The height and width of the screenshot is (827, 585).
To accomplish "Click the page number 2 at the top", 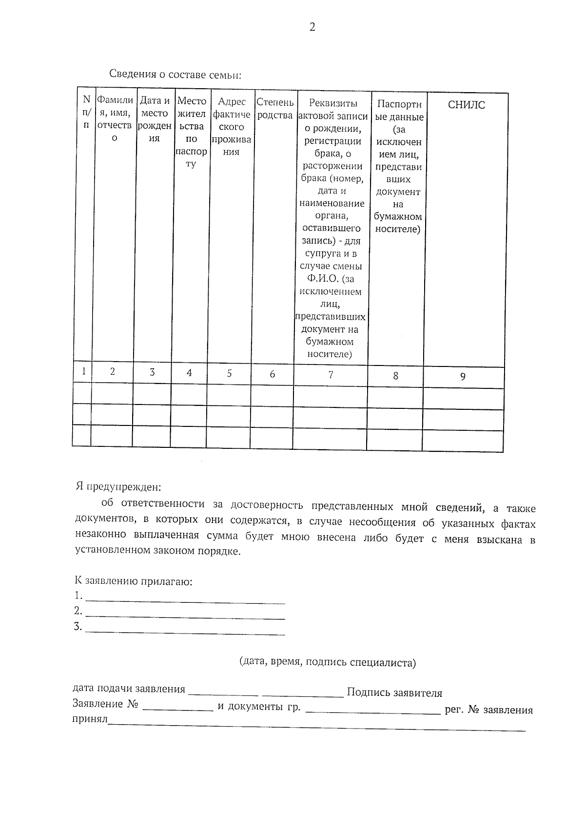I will tap(312, 27).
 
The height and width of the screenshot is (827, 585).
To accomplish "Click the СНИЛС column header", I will tap(466, 105).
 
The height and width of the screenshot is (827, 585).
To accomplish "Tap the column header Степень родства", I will tap(274, 109).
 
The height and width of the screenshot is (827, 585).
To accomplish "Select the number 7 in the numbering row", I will tap(331, 375).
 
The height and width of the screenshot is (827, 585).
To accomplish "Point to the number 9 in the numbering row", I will tap(463, 376).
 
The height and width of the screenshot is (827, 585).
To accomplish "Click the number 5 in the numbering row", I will tap(229, 373).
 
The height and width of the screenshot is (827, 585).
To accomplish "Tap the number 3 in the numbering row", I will tap(152, 372).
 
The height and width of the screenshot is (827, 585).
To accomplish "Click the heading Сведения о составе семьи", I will tap(175, 75).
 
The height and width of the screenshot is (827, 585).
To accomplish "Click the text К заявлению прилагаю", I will tap(133, 581).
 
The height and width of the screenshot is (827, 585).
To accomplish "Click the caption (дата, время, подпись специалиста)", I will tap(327, 662).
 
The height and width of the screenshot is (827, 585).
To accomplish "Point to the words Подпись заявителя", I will tap(394, 692).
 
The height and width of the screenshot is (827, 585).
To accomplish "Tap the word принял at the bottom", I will tap(90, 719).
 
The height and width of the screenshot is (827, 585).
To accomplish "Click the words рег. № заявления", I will tap(488, 710).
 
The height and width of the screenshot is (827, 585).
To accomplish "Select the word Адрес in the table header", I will tap(232, 102).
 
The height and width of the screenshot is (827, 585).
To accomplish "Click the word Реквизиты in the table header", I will tap(333, 103).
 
